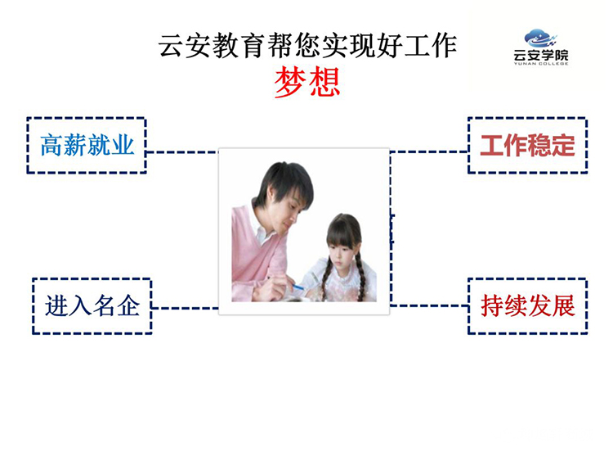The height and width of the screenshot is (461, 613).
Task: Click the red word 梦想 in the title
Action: pos(307,82)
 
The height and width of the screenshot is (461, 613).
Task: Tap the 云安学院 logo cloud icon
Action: pos(540,38)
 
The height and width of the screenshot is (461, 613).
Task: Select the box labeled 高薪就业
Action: pos(87,145)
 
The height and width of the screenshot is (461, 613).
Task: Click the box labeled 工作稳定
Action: pos(527,145)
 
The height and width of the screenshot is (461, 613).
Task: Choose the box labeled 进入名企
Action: pos(92,306)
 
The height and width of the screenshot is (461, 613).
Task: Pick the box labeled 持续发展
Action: pos(527,306)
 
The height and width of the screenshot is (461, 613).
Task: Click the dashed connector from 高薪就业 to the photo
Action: pos(182,152)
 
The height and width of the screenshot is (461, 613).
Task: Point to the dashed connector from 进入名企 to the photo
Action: pos(185,308)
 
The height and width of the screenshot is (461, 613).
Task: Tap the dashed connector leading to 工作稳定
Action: pos(429,151)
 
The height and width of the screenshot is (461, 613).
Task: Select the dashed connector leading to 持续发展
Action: pos(429,305)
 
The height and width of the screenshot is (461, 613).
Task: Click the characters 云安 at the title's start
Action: pos(185,46)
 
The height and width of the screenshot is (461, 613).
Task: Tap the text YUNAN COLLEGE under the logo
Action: pos(541,64)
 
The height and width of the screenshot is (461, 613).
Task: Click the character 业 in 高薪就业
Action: pos(123,145)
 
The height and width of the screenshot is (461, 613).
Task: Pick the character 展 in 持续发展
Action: pos(563,306)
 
